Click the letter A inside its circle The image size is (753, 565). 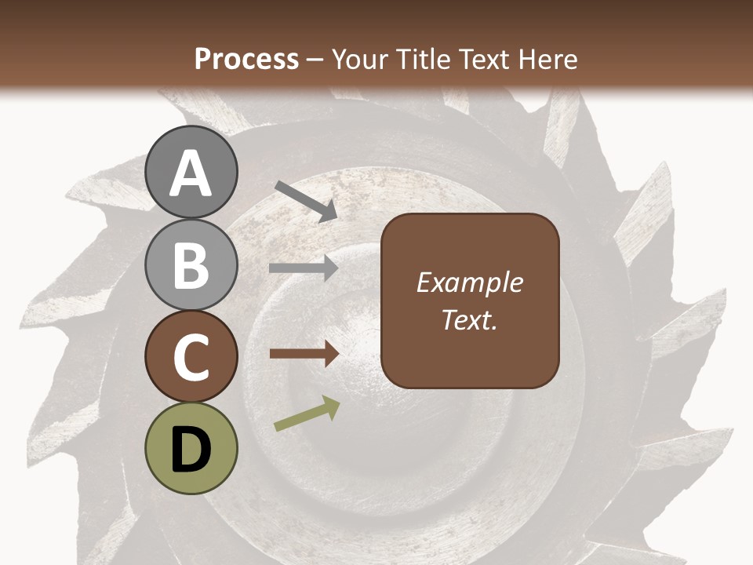pyautogui.click(x=191, y=174)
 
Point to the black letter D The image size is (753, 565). pyautogui.click(x=191, y=450)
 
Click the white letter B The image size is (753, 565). pyautogui.click(x=191, y=264)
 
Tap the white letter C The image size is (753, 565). pyautogui.click(x=191, y=358)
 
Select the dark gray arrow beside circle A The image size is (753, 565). pyautogui.click(x=306, y=202)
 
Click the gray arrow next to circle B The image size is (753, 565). pyautogui.click(x=304, y=268)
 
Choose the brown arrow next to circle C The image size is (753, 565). pyautogui.click(x=304, y=354)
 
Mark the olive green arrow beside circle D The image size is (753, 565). pyautogui.click(x=307, y=414)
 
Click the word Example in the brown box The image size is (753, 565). pyautogui.click(x=470, y=283)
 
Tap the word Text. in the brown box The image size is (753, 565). pyautogui.click(x=470, y=319)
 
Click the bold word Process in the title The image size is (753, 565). pyautogui.click(x=246, y=59)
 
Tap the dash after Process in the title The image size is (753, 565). pyautogui.click(x=315, y=60)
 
